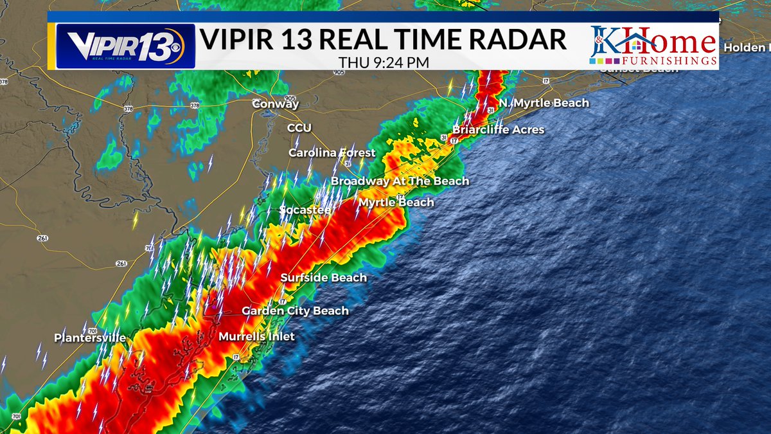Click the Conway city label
275,104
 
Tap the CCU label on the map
299,128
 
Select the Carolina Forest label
332,153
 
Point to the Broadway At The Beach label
400,181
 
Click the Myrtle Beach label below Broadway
396,203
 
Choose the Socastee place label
305,210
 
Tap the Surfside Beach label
323,278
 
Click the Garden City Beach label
295,311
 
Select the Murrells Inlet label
256,336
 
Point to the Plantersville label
89,338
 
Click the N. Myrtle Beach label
543,103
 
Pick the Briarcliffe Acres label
498,130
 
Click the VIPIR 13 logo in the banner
125,46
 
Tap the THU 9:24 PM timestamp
384,62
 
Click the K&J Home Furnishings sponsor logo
653,46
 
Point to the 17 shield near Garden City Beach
282,301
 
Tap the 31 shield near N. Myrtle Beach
490,111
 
